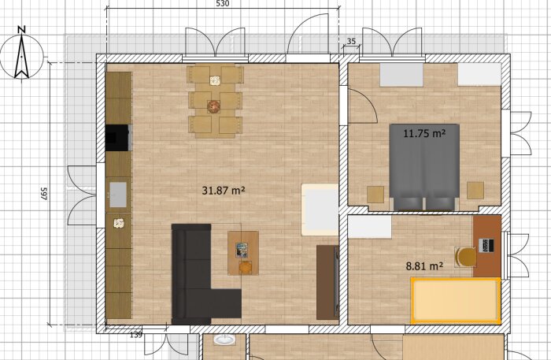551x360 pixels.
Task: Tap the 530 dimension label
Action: pos(223,3)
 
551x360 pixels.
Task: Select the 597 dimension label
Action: pos(44,194)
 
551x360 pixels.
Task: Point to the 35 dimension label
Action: pos(351,41)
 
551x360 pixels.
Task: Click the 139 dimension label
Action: pos(136,335)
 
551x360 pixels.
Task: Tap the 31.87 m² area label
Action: pos(224,191)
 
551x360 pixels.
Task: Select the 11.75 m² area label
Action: pos(424,134)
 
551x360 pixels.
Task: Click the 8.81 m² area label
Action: pos(424,266)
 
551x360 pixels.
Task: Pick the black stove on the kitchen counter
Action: pos(118,138)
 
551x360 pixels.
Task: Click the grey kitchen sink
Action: pos(118,195)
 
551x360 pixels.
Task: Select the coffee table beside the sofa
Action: pos(243,253)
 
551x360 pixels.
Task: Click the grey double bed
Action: pos(424,167)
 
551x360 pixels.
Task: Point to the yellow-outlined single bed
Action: pos(456,300)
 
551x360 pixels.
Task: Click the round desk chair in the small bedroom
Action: pos(466,257)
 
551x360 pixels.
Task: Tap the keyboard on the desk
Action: pos(487,246)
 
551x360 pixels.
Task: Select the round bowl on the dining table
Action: pos(213,106)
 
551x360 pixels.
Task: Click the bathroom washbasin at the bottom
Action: pos(225,340)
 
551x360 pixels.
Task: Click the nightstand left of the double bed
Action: pos(375,195)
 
